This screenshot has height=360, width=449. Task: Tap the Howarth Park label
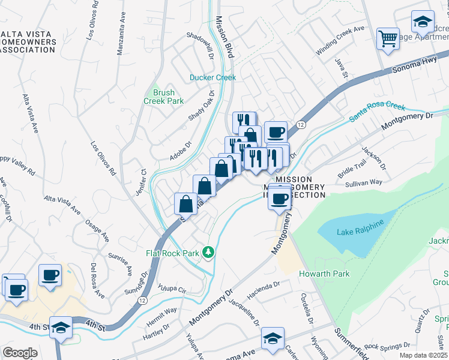click(x=324, y=274)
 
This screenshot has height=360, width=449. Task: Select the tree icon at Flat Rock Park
click(x=208, y=253)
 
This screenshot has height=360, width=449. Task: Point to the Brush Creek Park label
click(x=164, y=97)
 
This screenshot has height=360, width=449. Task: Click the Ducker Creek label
click(x=213, y=77)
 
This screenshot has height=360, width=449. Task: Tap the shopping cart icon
click(x=388, y=39)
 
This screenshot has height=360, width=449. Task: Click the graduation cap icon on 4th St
click(x=61, y=328)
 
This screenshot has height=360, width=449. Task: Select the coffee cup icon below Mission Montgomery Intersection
click(x=279, y=199)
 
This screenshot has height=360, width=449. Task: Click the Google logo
click(x=20, y=353)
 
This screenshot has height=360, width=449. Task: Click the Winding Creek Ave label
click(x=340, y=40)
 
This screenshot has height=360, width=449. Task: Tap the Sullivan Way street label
click(x=364, y=182)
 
